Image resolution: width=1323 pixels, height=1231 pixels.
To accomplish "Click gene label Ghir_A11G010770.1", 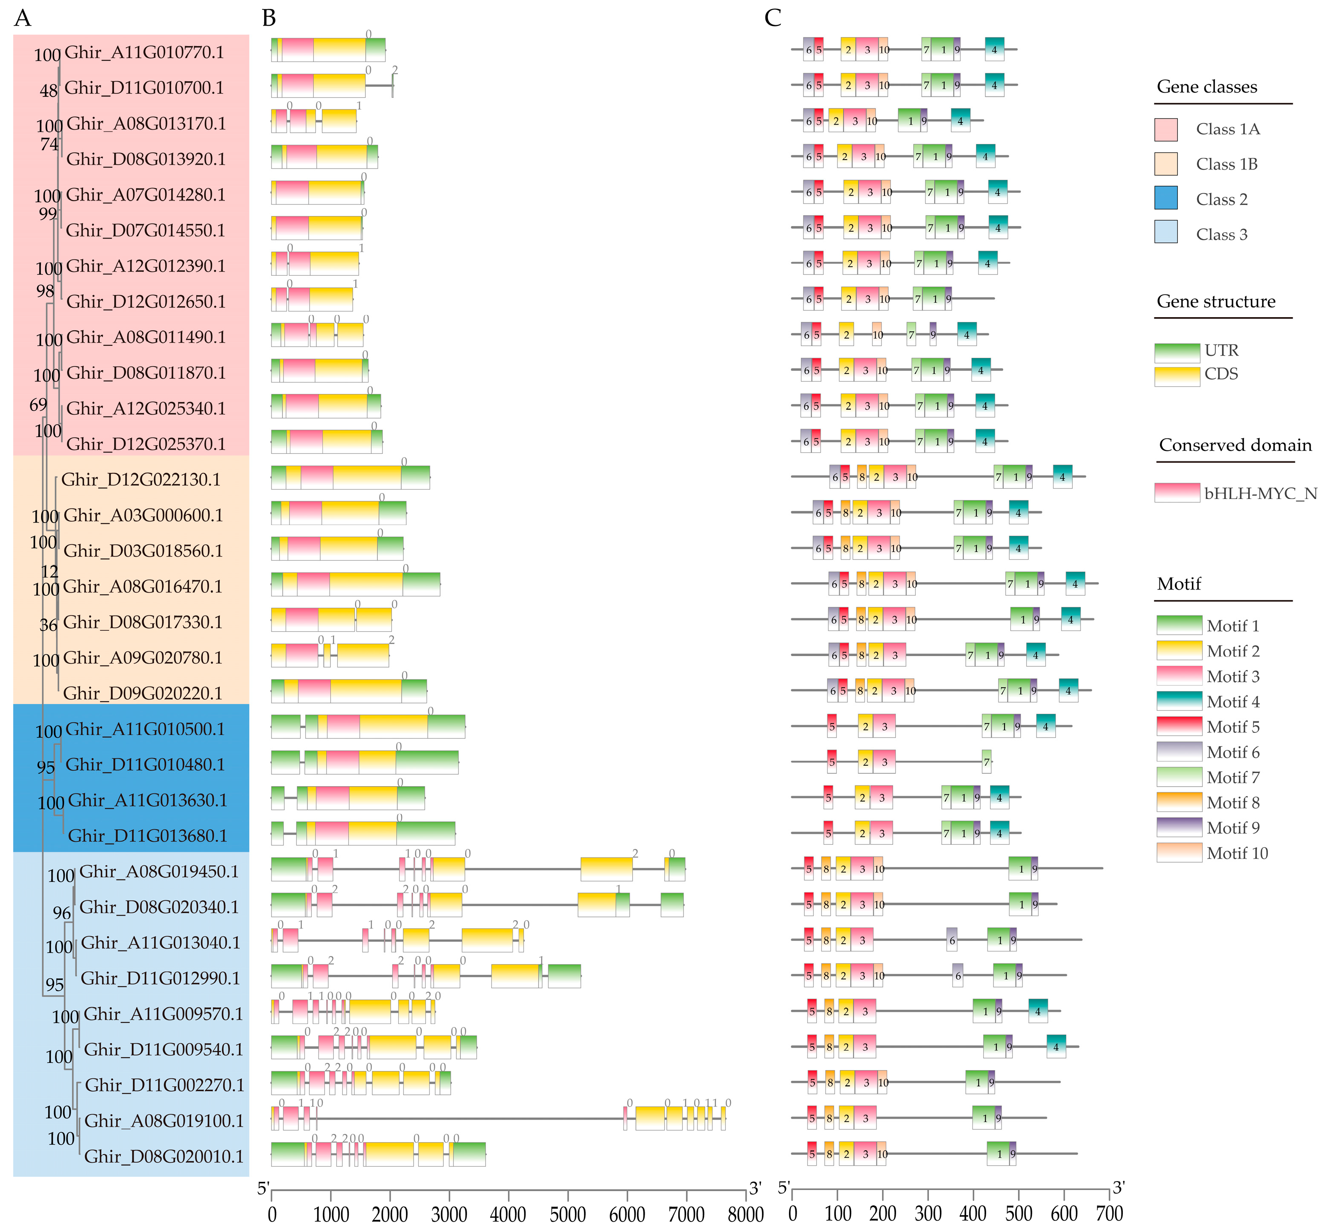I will (144, 53).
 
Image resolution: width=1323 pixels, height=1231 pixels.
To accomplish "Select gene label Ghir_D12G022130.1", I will (140, 480).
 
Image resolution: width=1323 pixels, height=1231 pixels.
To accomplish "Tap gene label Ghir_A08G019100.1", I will (163, 1120).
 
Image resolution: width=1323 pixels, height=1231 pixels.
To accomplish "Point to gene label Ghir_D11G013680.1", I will (147, 836).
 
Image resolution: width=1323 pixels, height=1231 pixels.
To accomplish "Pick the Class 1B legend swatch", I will (1165, 163).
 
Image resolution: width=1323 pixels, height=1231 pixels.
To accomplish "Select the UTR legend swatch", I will (1177, 351).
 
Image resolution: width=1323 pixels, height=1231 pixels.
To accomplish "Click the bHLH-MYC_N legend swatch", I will (1177, 493).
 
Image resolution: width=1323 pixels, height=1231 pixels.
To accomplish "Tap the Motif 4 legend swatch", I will (1179, 701).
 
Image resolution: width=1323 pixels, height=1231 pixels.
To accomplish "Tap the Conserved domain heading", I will (1235, 445).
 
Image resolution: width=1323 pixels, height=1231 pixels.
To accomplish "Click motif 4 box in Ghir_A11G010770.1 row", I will (994, 49).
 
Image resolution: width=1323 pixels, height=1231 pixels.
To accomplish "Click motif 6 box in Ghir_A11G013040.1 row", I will (952, 939).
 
